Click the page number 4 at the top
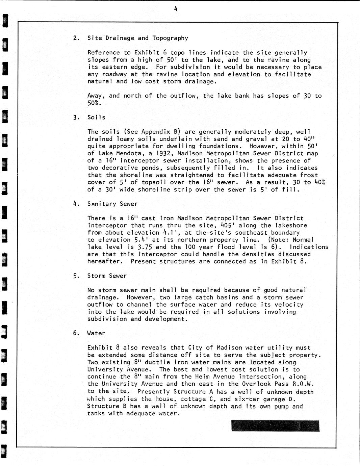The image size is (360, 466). click(x=176, y=9)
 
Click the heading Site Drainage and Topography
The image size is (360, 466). click(x=137, y=38)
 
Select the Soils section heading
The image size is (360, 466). click(x=96, y=118)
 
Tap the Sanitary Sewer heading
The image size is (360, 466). click(x=112, y=204)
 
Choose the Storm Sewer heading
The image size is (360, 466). click(x=107, y=276)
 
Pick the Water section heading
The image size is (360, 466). click(x=96, y=333)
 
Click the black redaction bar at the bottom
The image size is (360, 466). click(x=275, y=426)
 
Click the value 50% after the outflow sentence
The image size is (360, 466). click(x=94, y=103)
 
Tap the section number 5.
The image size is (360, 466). click(x=76, y=276)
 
